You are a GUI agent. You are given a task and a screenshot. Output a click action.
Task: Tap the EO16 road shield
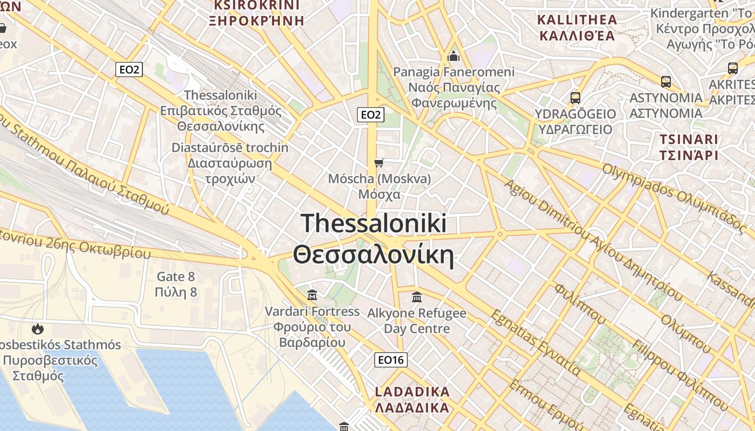390,360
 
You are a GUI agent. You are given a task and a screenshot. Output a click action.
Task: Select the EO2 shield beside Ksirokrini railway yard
129,69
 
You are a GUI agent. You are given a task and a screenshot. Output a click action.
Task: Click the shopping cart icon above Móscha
379,163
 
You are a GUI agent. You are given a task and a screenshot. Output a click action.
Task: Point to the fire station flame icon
38,328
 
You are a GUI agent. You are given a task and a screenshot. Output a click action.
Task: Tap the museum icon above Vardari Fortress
312,295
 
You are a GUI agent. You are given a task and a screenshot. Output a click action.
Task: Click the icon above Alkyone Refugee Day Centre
416,297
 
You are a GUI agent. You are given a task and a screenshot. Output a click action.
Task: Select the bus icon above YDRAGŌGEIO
575,98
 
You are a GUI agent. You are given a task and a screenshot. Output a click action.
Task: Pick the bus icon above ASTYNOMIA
666,82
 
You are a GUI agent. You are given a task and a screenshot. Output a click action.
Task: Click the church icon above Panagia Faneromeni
454,56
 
